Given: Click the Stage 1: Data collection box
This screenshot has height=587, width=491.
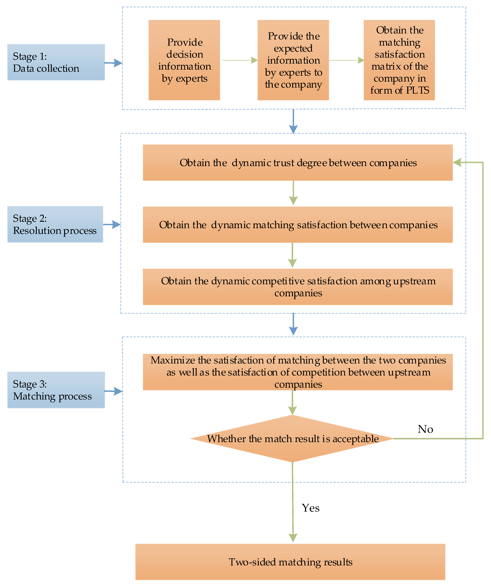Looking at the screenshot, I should click(x=56, y=62).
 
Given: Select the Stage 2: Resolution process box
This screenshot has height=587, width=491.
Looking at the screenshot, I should click(x=55, y=224).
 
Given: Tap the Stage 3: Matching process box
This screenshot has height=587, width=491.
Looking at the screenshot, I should click(x=56, y=390).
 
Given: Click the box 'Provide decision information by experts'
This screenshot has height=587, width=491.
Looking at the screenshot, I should click(x=184, y=60).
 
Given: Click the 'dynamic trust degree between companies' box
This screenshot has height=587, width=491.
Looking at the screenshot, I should click(x=298, y=163).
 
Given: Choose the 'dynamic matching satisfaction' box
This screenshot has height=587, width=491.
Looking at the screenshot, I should click(x=298, y=225).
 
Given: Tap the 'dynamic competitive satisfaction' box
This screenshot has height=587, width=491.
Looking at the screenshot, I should click(x=298, y=287).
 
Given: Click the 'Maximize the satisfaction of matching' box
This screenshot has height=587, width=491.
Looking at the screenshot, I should click(x=298, y=372).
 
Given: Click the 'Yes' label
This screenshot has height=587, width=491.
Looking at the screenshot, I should click(x=311, y=508).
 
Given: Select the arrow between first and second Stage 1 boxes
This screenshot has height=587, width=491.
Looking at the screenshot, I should click(x=239, y=60).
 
